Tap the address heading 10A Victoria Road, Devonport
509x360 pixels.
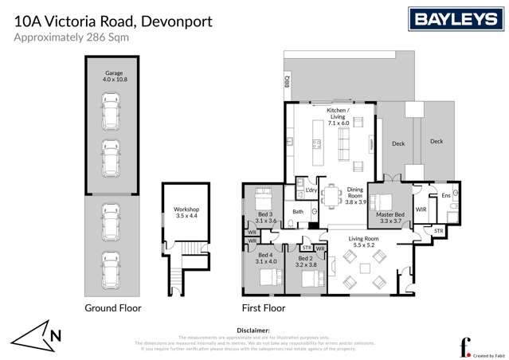point(114,21)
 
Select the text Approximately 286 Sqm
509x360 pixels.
point(78,37)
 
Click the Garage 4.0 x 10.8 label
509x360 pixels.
point(114,76)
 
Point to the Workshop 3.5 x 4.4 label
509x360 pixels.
point(186,213)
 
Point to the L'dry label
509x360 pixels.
point(311,191)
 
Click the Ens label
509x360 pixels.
point(446,195)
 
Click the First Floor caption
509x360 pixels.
point(262,307)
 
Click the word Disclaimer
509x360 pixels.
point(254,330)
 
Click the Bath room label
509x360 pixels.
point(298,212)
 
